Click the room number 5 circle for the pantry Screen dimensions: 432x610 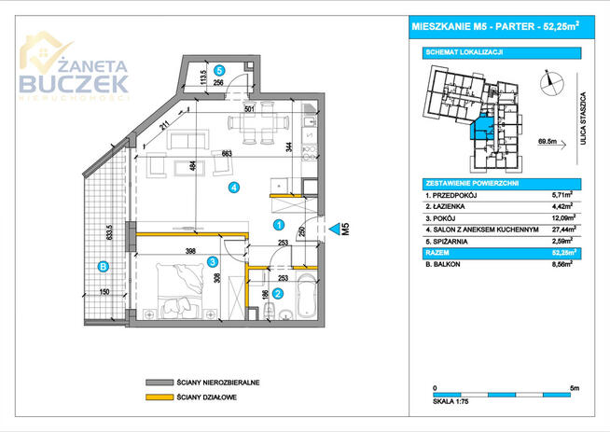click(220, 70)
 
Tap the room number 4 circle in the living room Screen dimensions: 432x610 click(235, 188)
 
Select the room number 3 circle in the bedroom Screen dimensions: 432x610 click(213, 262)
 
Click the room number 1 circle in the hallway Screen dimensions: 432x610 click(279, 224)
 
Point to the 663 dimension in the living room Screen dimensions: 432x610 click(225, 154)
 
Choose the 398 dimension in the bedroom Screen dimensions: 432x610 click(190, 251)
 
